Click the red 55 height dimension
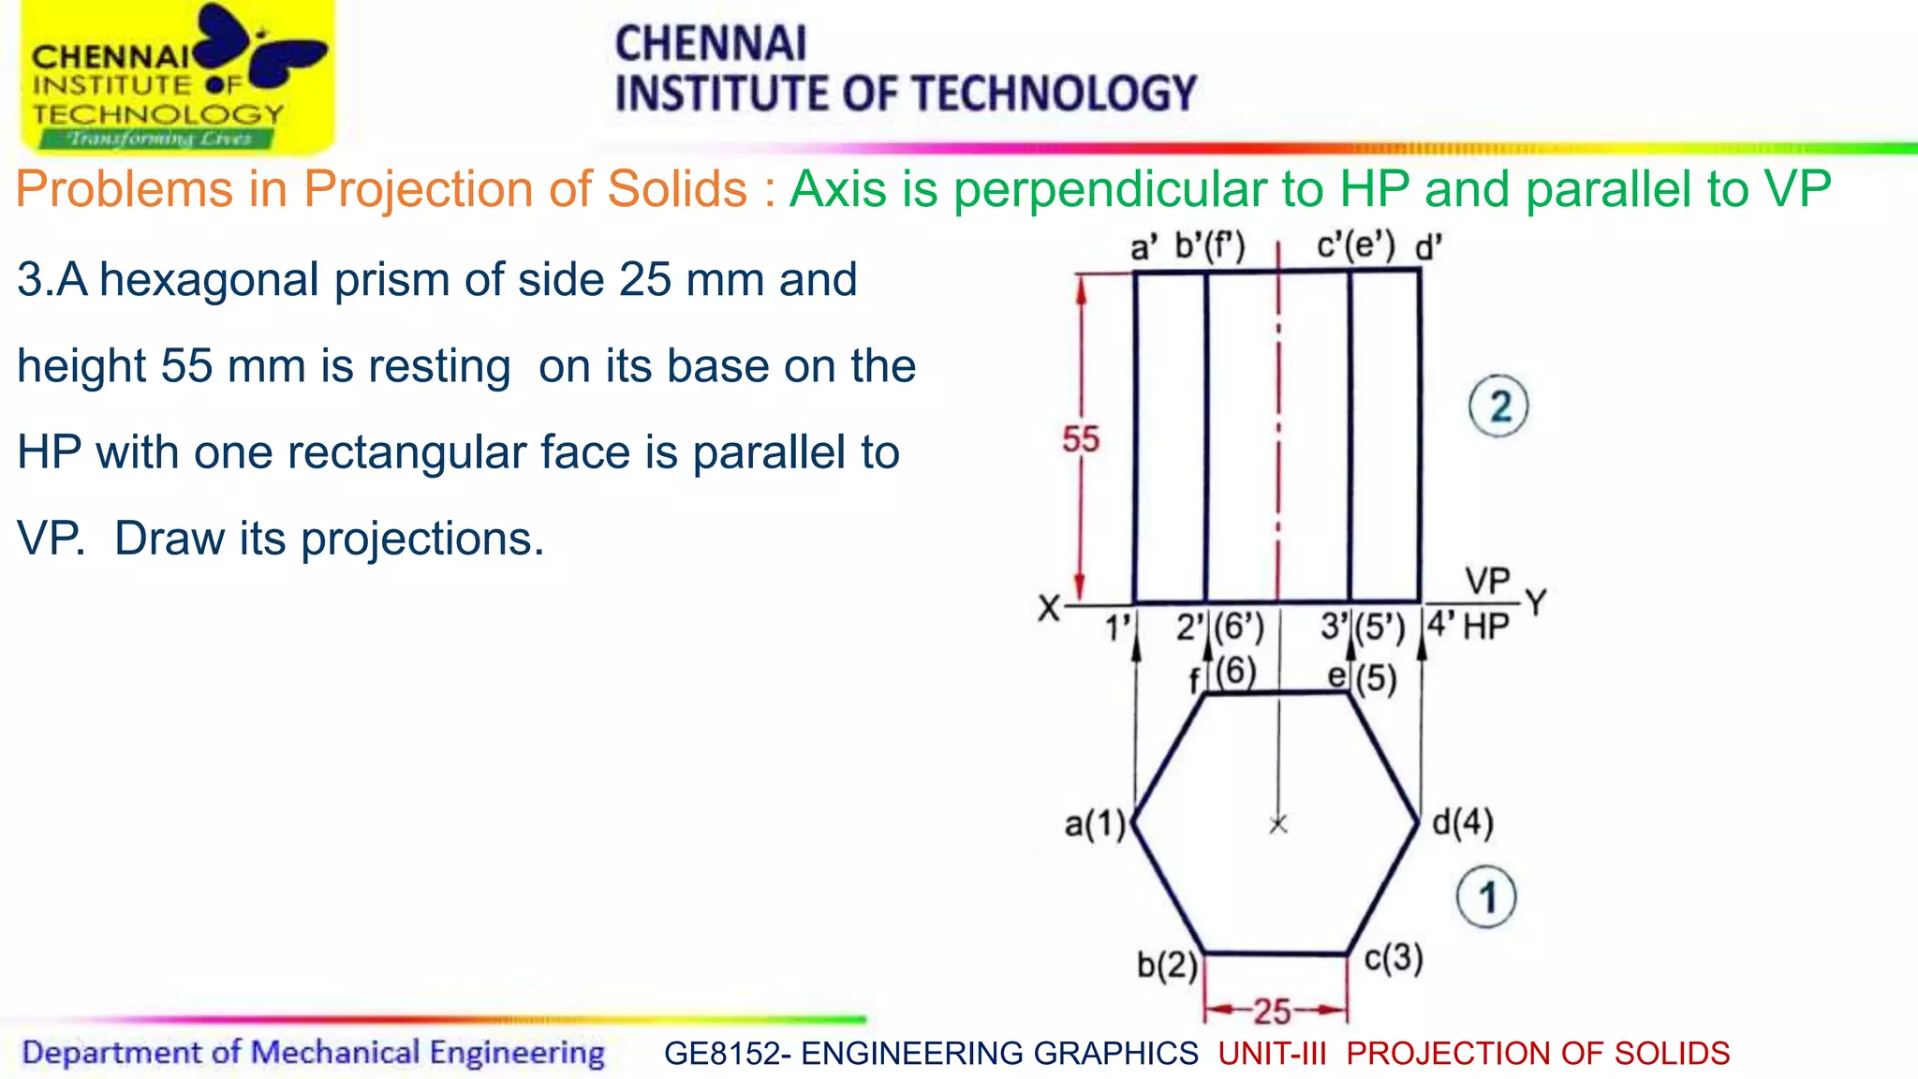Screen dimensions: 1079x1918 click(1080, 439)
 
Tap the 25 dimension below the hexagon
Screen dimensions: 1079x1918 click(1273, 1012)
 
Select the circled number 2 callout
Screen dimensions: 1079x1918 click(1498, 406)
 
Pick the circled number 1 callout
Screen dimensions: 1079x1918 click(1486, 897)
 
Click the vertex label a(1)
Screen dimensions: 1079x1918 click(1095, 824)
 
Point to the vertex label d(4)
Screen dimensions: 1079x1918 click(1463, 822)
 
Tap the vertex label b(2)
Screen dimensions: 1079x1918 click(1167, 965)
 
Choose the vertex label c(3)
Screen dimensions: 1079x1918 click(1394, 958)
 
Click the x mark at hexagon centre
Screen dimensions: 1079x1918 click(1278, 824)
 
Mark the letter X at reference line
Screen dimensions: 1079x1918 click(1049, 610)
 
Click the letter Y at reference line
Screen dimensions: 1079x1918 click(1536, 602)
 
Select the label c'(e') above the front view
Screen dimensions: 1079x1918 click(1355, 246)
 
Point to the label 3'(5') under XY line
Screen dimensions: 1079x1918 click(1363, 627)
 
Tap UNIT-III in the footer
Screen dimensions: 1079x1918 click(1272, 1054)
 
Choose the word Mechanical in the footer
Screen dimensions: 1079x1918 click(334, 1053)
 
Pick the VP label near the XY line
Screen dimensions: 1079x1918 click(1487, 582)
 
